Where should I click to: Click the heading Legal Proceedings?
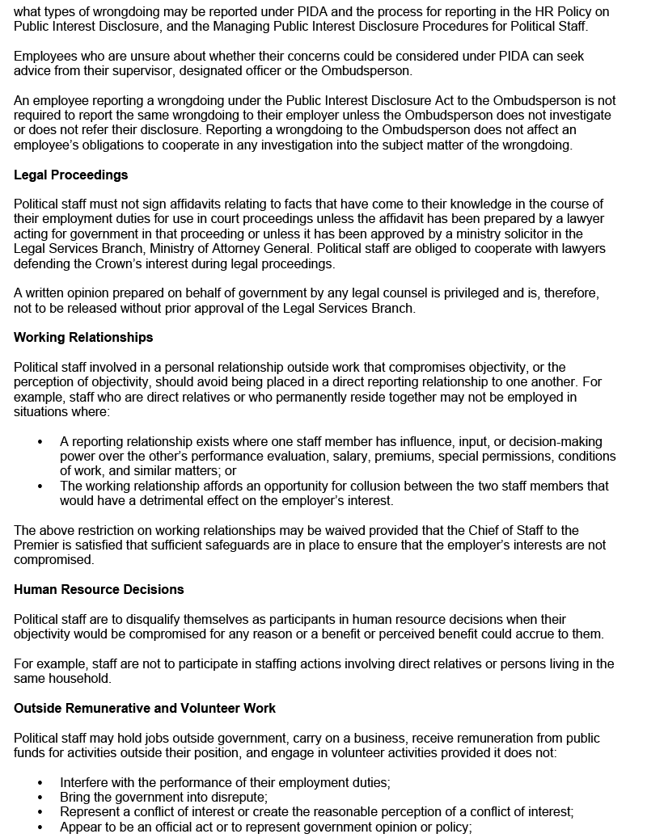pos(71,175)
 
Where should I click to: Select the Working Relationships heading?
pos(83,338)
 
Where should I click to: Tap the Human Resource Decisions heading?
pos(99,590)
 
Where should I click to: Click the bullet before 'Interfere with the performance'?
pos(40,783)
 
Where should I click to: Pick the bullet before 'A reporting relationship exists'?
pos(40,442)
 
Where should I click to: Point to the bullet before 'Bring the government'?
pos(40,798)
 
